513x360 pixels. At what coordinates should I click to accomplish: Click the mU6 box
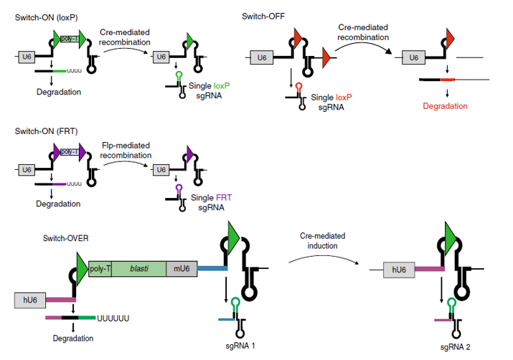[179, 269]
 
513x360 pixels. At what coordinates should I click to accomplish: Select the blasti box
[138, 269]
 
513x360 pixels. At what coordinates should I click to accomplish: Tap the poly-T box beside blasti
[99, 269]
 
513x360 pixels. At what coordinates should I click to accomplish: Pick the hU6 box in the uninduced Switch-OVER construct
[29, 300]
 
